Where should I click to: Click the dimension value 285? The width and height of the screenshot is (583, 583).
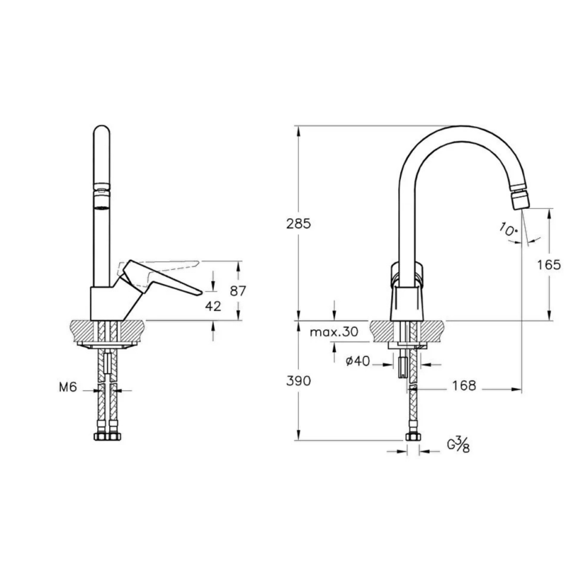(298, 223)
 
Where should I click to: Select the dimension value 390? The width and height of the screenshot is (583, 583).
(298, 381)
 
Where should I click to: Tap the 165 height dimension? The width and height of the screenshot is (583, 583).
(549, 264)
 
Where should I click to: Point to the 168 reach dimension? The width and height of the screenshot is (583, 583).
(464, 386)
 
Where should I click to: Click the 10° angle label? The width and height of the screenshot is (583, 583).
(508, 229)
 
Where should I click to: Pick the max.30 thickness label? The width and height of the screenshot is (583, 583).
(333, 332)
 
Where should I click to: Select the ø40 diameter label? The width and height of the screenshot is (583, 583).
(357, 361)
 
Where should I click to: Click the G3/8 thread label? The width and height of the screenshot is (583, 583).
(459, 446)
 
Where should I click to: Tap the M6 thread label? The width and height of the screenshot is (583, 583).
(68, 387)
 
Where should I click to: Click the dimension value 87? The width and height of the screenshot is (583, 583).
(239, 291)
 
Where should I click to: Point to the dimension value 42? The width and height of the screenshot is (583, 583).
(213, 306)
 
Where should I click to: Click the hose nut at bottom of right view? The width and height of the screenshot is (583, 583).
(413, 438)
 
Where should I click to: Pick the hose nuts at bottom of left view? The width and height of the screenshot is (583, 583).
(107, 437)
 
